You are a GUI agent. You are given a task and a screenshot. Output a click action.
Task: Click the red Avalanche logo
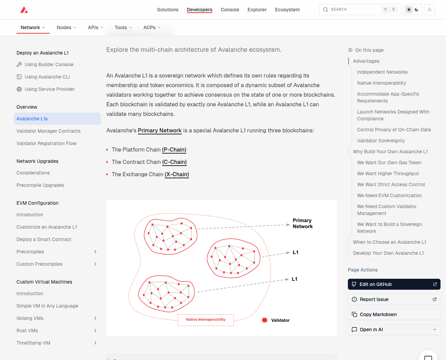(24, 10)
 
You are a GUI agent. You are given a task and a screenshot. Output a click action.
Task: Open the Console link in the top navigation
(230, 10)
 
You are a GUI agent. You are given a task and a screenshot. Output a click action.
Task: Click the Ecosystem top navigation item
(287, 10)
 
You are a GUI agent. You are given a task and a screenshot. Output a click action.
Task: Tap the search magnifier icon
(325, 10)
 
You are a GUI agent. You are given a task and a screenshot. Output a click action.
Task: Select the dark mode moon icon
(416, 10)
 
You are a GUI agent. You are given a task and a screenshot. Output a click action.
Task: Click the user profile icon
(430, 10)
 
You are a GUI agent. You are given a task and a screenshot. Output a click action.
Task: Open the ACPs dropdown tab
(152, 27)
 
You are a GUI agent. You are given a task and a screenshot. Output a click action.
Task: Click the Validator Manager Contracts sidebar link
(48, 131)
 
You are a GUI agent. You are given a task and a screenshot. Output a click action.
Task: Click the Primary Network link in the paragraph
(160, 130)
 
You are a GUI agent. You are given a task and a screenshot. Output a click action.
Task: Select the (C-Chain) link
(174, 162)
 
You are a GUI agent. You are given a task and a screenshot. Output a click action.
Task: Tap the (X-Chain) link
(177, 174)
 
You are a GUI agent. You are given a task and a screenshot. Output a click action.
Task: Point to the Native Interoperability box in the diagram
(206, 320)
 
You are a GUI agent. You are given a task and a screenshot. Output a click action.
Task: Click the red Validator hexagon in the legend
(265, 320)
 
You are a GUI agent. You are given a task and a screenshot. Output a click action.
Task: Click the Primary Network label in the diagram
(303, 224)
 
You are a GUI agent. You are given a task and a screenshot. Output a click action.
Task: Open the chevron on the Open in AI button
(435, 329)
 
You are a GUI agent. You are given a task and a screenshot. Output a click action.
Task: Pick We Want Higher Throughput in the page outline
(388, 173)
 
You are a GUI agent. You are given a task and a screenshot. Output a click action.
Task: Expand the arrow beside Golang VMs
(95, 318)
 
